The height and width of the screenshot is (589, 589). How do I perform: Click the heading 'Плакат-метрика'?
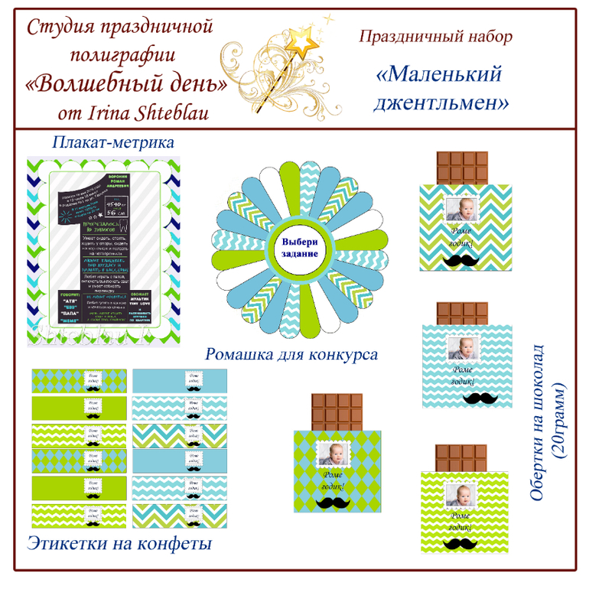click(x=113, y=142)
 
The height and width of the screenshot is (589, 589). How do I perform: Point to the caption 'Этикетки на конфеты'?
click(x=119, y=544)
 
